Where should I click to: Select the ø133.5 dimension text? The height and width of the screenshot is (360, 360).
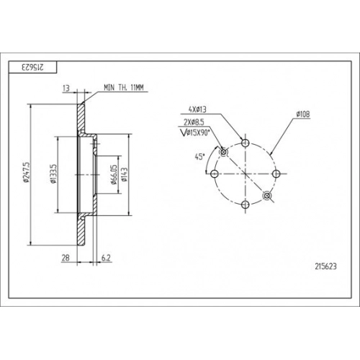(53, 174)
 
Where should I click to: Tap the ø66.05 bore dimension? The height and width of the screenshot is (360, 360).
(114, 174)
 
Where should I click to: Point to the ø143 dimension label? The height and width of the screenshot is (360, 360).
(125, 174)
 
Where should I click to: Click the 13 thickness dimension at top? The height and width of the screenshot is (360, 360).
(66, 89)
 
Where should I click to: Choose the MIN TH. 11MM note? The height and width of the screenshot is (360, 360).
(124, 88)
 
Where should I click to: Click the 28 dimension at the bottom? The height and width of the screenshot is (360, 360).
(66, 258)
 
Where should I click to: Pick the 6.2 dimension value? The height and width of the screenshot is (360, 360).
(106, 258)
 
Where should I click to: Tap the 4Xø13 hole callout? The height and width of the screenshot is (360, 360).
(197, 109)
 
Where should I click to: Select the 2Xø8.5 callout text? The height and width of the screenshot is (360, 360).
(194, 122)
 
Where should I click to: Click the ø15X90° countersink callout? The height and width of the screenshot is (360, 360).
(195, 132)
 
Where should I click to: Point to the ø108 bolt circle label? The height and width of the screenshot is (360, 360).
(303, 114)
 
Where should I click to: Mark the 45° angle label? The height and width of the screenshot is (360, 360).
(199, 157)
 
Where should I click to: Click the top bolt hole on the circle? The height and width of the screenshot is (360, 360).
(245, 143)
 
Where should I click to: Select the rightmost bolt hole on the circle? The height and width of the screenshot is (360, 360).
(276, 174)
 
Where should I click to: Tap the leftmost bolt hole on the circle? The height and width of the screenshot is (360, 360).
(214, 174)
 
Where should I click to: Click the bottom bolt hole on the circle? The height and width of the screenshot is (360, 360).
(245, 204)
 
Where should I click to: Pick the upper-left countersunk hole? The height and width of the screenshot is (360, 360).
(223, 152)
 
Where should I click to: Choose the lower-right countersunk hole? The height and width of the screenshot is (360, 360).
(267, 196)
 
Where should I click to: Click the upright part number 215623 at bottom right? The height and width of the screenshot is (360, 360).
(325, 266)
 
